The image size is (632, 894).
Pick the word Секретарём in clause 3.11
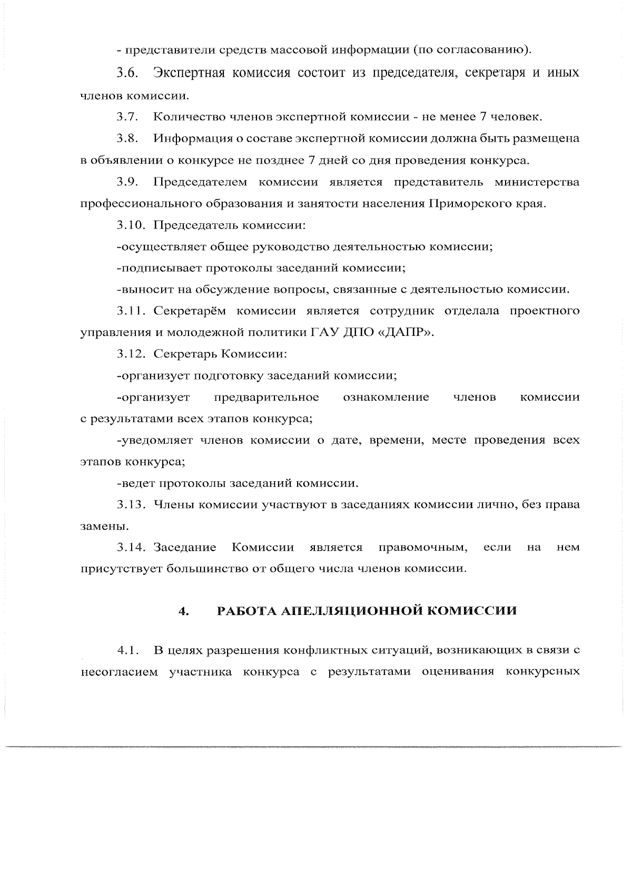coord(190,311)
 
